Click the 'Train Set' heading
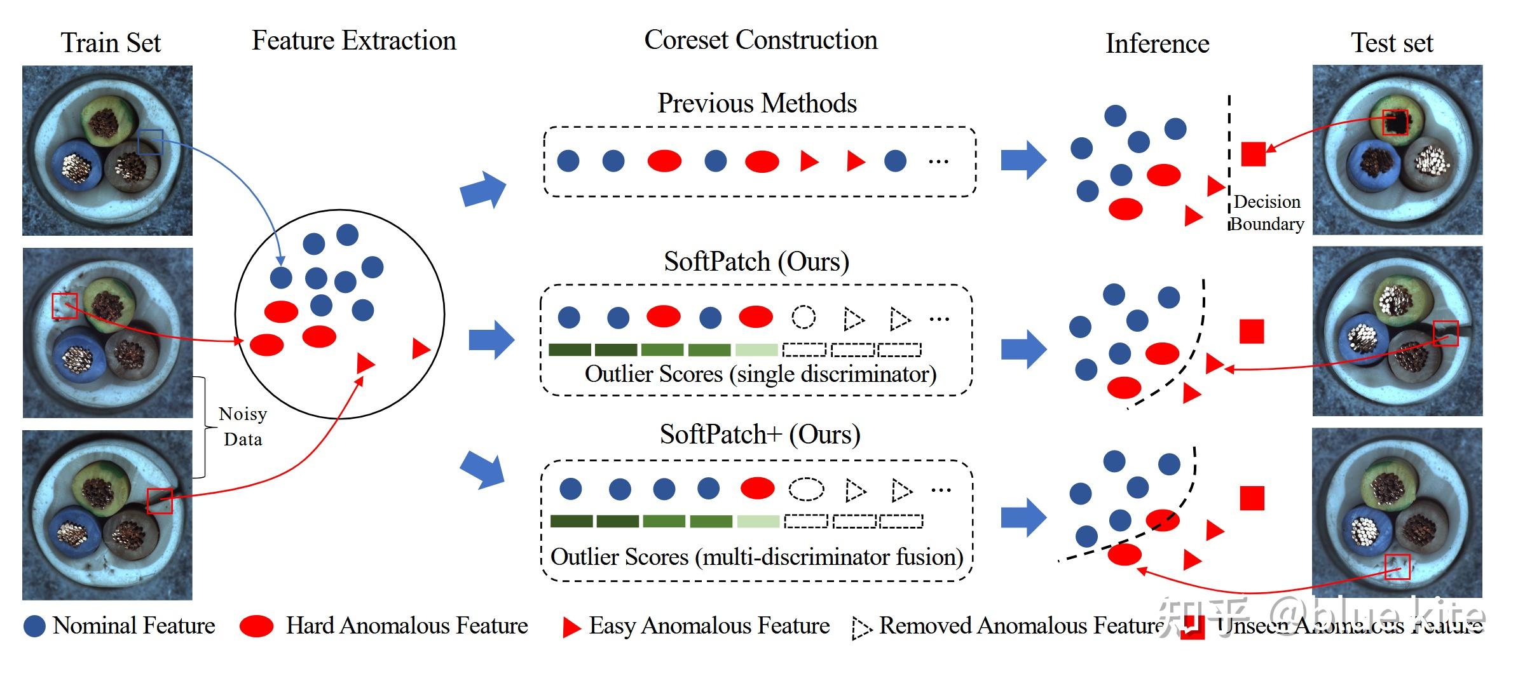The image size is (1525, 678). tap(111, 43)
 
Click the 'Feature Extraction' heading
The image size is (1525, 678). tap(353, 41)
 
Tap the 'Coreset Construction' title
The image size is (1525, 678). tap(760, 40)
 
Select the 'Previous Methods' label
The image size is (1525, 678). tap(756, 104)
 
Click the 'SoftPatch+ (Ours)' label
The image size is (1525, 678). tap(760, 435)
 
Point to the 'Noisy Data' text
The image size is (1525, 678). tap(242, 426)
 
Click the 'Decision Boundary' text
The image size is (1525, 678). tap(1266, 213)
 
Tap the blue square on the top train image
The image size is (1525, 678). tap(151, 142)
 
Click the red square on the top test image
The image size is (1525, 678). tap(1395, 122)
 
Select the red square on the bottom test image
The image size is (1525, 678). tap(1397, 567)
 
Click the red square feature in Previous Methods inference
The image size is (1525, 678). tap(1253, 154)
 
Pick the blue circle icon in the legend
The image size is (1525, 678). tap(34, 626)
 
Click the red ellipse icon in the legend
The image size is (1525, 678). tap(256, 626)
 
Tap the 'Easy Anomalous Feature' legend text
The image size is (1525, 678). tap(709, 626)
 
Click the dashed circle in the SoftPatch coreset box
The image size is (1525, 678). tap(804, 316)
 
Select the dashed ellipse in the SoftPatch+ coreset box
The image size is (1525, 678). tap(806, 489)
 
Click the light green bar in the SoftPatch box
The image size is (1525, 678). tap(756, 349)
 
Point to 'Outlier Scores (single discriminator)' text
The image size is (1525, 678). tap(760, 374)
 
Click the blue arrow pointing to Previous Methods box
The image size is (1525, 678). tap(483, 189)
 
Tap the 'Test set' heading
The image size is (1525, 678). tap(1392, 43)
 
